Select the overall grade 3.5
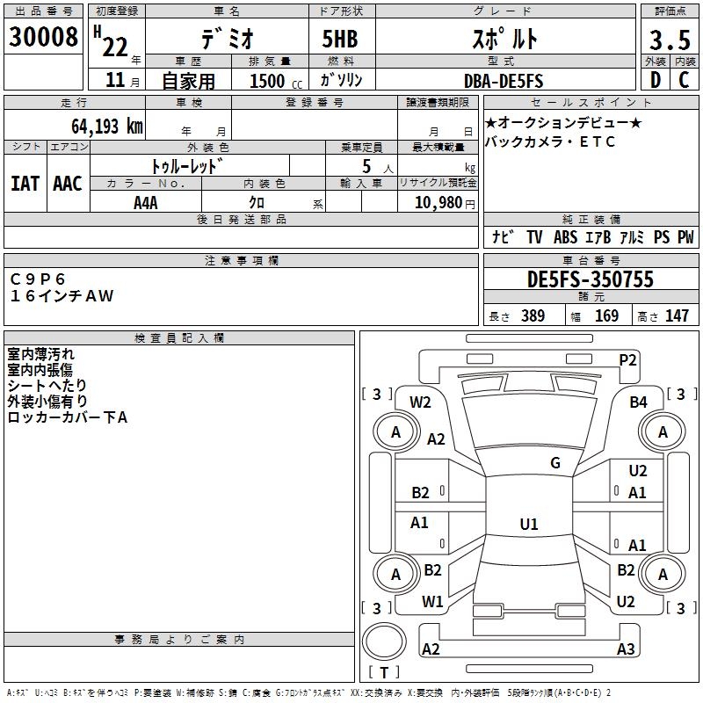pos(668,40)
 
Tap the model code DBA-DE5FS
pos(504,81)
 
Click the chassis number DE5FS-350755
pos(591,280)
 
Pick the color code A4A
pos(146,202)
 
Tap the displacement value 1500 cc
pos(267,81)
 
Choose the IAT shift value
pos(25,184)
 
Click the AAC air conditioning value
pos(68,184)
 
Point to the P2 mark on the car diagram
pos(627,359)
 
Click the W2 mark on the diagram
pos(420,402)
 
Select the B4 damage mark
pos(638,402)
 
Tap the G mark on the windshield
pos(555,463)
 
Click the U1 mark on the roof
pos(528,524)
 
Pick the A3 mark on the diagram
pos(626,649)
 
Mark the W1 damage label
pos(431,602)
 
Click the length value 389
pos(533,316)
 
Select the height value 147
pos(677,316)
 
